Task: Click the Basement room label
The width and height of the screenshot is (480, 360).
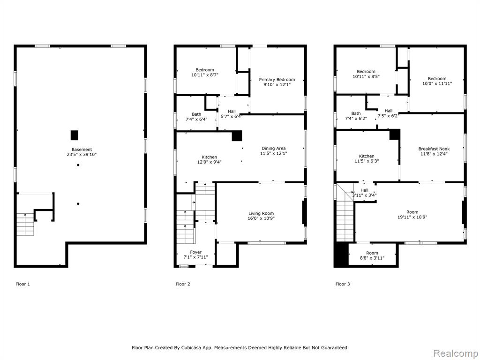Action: [82, 150]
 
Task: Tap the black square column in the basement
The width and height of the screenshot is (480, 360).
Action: [75, 135]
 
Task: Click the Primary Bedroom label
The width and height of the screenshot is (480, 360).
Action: [277, 80]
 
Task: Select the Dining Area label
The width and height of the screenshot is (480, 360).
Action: [273, 149]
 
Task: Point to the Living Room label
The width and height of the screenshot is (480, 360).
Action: [261, 213]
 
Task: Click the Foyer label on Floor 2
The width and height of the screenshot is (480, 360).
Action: [195, 252]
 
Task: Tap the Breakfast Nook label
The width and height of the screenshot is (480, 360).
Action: [434, 149]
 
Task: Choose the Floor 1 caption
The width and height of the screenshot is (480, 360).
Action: [22, 284]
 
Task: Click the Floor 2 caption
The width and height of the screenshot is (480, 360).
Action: [183, 284]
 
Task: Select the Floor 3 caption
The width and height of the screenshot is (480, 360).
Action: [343, 284]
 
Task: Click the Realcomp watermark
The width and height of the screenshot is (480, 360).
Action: [455, 353]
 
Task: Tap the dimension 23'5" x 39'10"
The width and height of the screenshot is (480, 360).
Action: [82, 155]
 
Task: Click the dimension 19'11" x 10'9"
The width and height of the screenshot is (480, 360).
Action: [412, 217]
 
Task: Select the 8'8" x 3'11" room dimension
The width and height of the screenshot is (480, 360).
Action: [372, 258]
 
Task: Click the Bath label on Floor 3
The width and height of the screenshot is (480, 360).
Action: [356, 113]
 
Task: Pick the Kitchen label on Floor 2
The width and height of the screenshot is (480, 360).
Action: [210, 157]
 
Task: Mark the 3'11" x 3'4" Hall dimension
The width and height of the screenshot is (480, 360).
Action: [364, 195]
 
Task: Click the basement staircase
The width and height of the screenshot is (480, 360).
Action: [25, 225]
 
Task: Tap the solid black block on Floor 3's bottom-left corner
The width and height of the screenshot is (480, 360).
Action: [341, 254]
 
